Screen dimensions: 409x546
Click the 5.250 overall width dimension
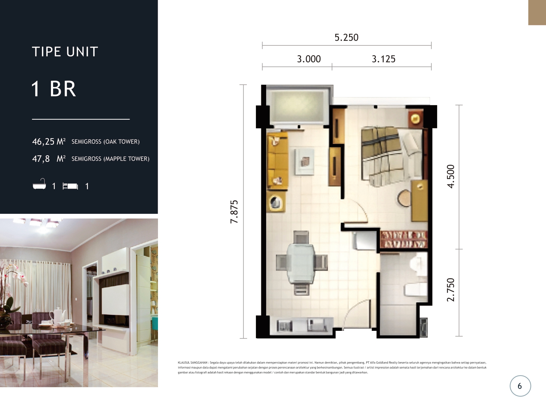(346, 37)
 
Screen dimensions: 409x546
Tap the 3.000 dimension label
(309, 59)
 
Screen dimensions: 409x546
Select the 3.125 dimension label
(383, 59)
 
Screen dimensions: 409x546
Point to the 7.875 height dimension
(234, 212)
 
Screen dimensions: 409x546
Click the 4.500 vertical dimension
(451, 176)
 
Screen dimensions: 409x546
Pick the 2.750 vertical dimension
(451, 290)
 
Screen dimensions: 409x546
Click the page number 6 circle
(520, 386)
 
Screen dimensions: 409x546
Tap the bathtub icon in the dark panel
(39, 185)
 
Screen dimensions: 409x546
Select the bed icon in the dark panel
(70, 186)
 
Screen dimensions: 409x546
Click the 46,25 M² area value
(49, 141)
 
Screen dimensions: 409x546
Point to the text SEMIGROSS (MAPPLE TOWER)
(110, 159)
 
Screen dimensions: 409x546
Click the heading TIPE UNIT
(65, 52)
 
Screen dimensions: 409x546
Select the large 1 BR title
(54, 89)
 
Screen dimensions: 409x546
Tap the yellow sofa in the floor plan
(277, 160)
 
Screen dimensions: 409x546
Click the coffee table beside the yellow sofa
(304, 161)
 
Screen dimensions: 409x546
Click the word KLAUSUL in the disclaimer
(184, 362)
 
